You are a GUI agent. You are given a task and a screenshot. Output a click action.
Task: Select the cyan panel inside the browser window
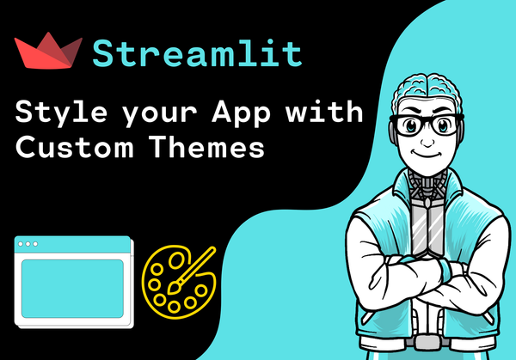71,286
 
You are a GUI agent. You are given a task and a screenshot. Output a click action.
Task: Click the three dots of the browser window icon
28,244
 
